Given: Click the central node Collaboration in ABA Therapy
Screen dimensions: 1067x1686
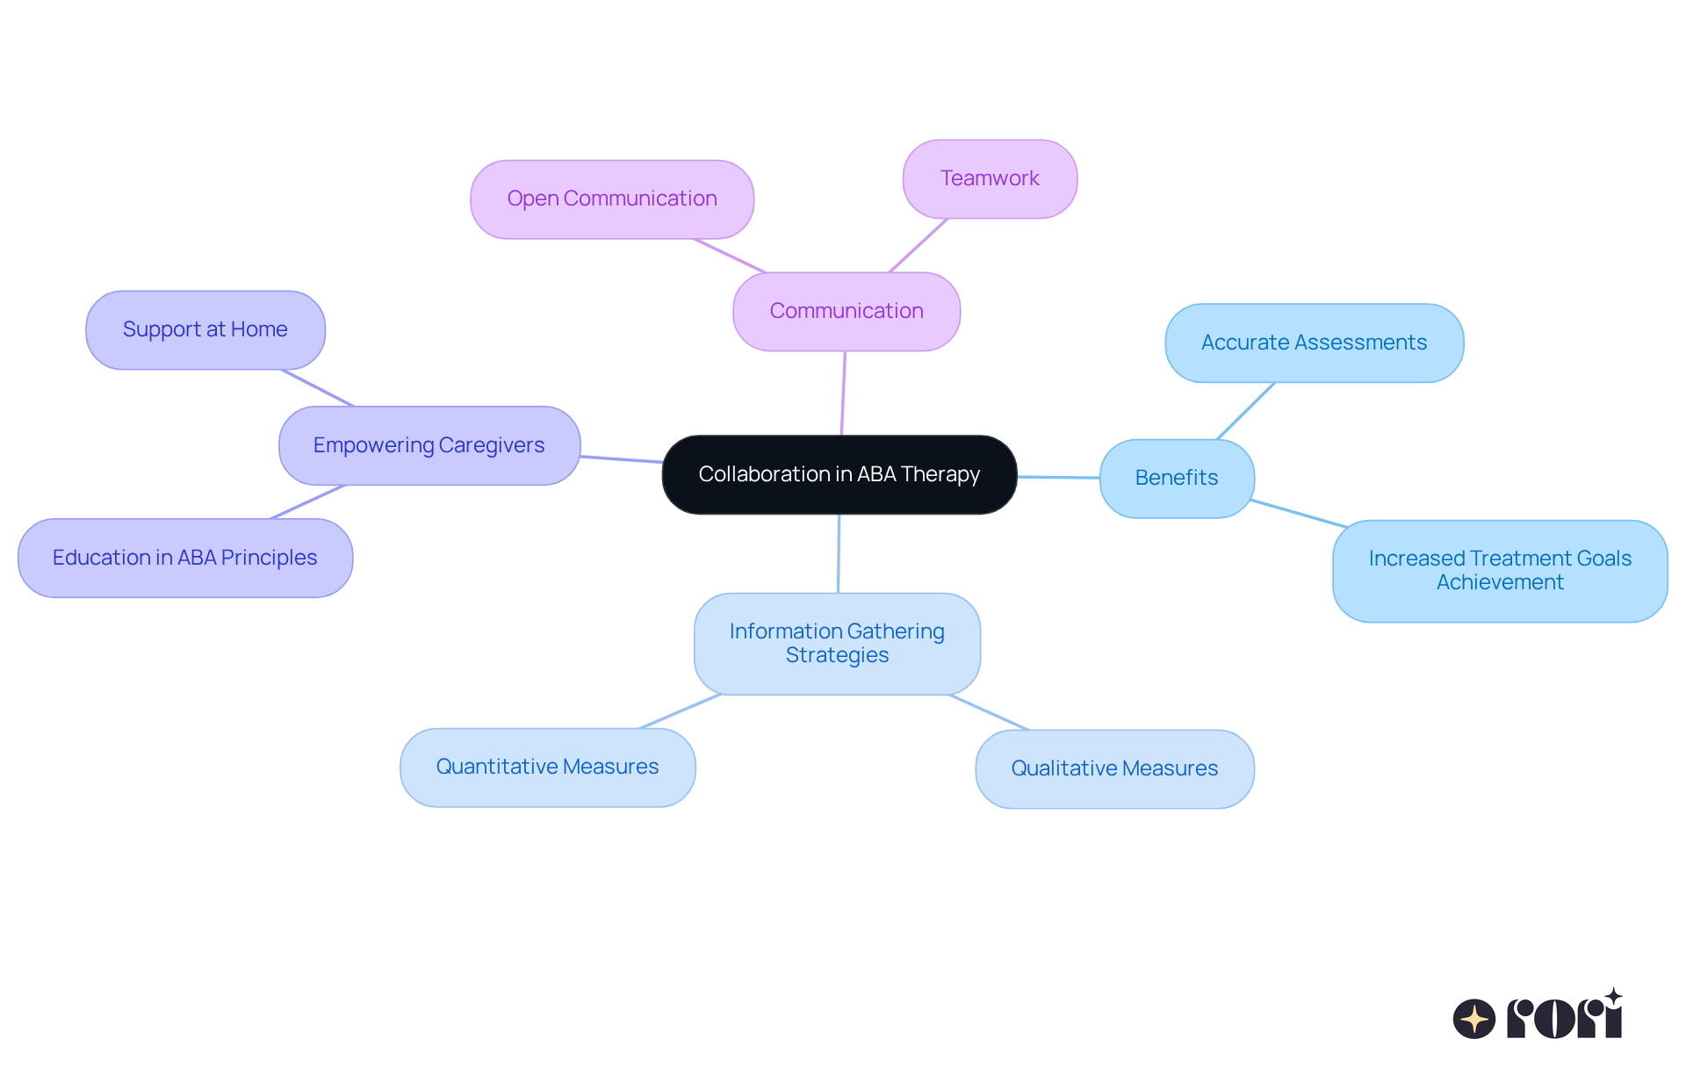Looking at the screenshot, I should (839, 474).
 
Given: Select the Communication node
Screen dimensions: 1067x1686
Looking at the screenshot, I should (847, 311).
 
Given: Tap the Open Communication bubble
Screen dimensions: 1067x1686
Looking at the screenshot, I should (612, 199).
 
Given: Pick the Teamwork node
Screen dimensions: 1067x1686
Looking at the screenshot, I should (990, 179).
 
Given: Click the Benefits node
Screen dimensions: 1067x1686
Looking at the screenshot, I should (1177, 478).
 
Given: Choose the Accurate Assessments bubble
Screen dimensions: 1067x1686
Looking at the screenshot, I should (1314, 342).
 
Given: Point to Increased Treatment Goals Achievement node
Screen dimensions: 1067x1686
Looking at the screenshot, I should (1500, 571).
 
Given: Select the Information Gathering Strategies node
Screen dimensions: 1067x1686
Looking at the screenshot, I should (837, 644).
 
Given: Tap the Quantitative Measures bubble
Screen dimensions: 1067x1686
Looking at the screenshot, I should (547, 768).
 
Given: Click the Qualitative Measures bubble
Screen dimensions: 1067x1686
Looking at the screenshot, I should (1114, 768).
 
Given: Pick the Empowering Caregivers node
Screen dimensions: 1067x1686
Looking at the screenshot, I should (429, 445).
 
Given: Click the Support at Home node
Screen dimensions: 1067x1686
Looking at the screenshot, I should (205, 329).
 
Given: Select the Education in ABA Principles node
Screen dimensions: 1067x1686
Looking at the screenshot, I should (184, 558).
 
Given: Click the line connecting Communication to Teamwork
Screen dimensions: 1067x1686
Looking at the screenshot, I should (919, 245).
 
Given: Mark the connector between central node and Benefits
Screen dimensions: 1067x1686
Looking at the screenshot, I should (1058, 477).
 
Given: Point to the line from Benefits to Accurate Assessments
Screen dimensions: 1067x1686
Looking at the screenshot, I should (1246, 410).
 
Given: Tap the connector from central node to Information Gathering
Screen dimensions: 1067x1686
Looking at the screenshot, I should (839, 553).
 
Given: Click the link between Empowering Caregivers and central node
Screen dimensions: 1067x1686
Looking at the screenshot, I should (621, 458).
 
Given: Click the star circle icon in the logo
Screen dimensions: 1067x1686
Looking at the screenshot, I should (1473, 1019).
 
